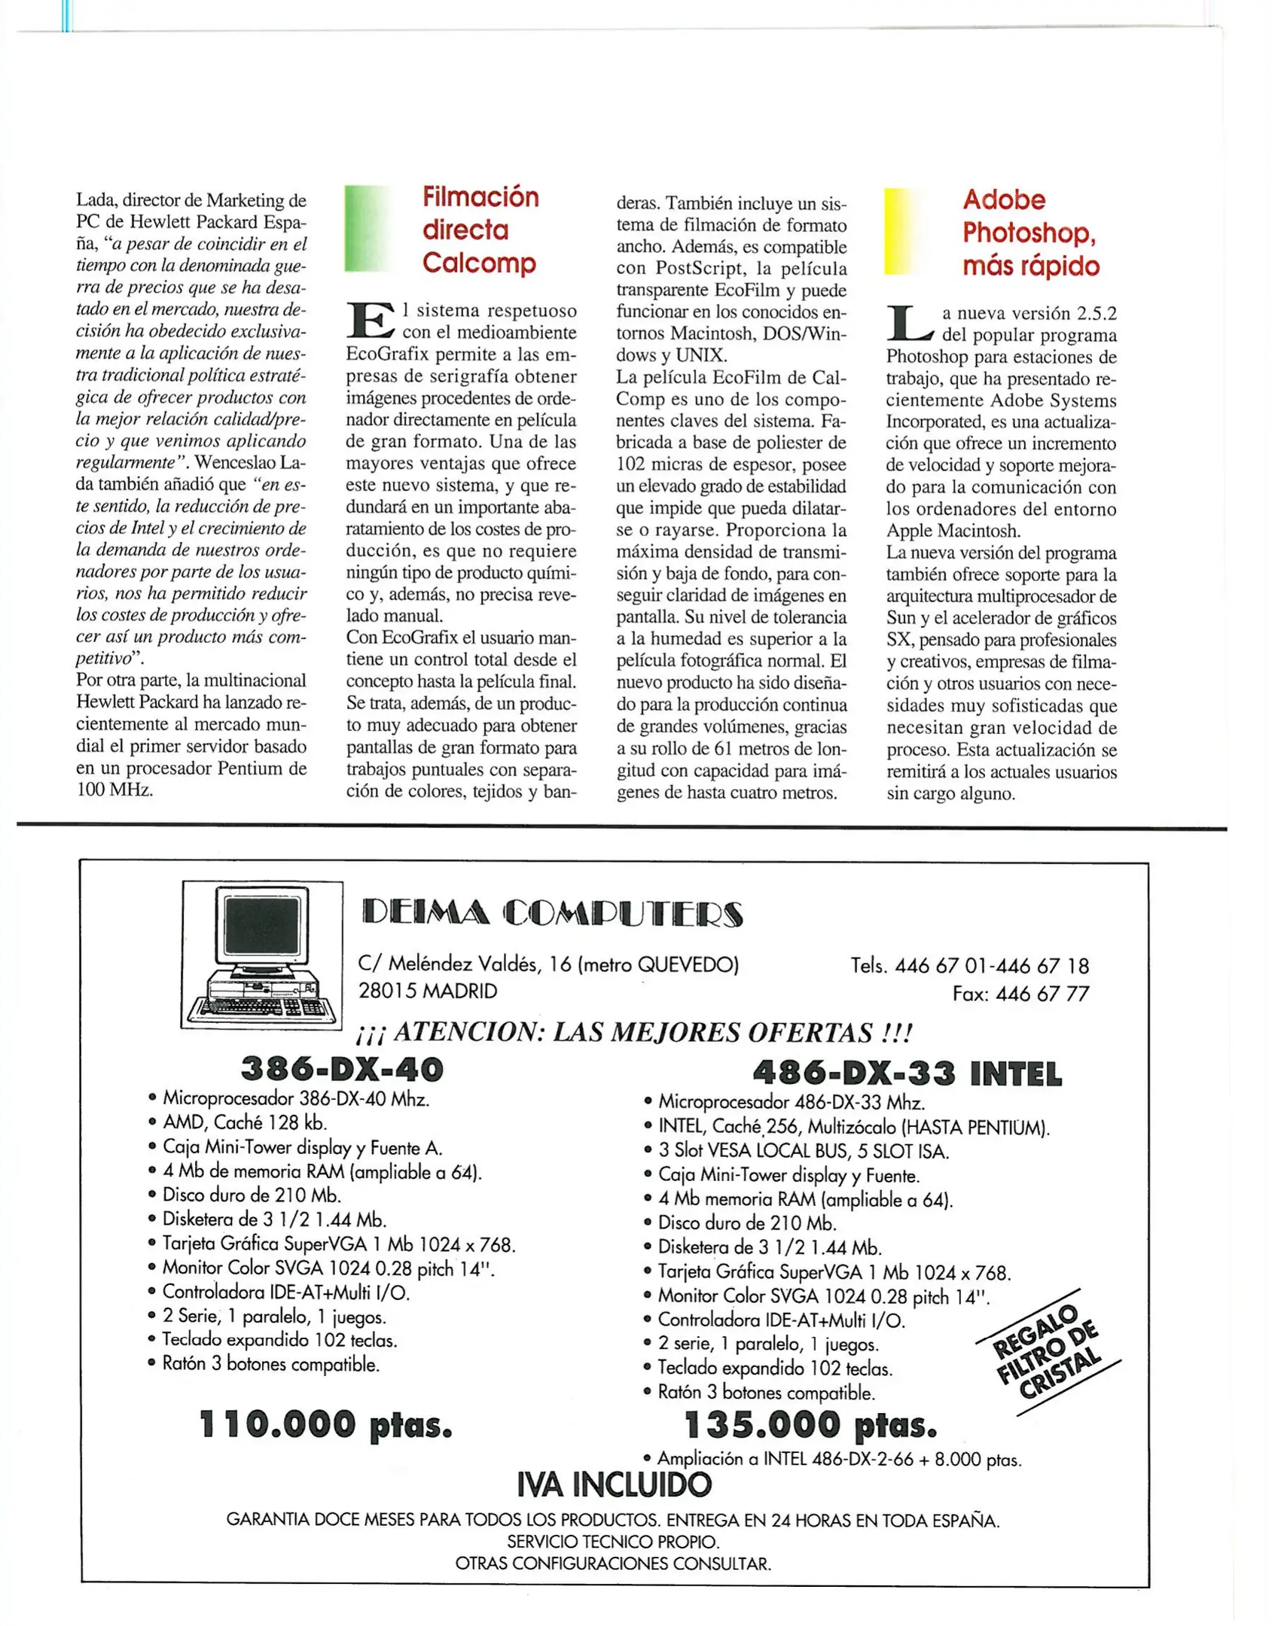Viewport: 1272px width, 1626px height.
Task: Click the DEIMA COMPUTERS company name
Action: (552, 913)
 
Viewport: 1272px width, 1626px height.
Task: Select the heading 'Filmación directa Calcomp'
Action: (480, 230)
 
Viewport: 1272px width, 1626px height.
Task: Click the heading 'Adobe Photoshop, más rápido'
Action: (1029, 233)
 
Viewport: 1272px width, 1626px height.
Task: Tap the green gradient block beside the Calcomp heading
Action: (368, 228)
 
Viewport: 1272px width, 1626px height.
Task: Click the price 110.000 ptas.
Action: (325, 1425)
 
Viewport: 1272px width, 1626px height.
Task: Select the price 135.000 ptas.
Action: (811, 1425)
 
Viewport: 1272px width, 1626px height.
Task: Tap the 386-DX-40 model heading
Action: (342, 1069)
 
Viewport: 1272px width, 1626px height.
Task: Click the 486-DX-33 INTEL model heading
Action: (907, 1073)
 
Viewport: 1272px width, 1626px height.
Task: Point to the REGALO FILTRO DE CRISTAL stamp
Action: (1047, 1353)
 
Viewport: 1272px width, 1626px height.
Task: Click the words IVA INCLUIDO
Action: (614, 1484)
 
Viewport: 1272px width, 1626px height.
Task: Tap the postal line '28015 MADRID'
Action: (428, 991)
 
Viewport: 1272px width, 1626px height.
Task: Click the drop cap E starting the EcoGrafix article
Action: (370, 320)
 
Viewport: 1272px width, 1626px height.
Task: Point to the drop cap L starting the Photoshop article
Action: (909, 323)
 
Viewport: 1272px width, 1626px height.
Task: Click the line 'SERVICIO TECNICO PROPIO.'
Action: (613, 1542)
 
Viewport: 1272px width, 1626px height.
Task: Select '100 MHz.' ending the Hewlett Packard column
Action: (114, 790)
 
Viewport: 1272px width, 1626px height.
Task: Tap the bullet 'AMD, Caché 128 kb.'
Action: (245, 1122)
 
